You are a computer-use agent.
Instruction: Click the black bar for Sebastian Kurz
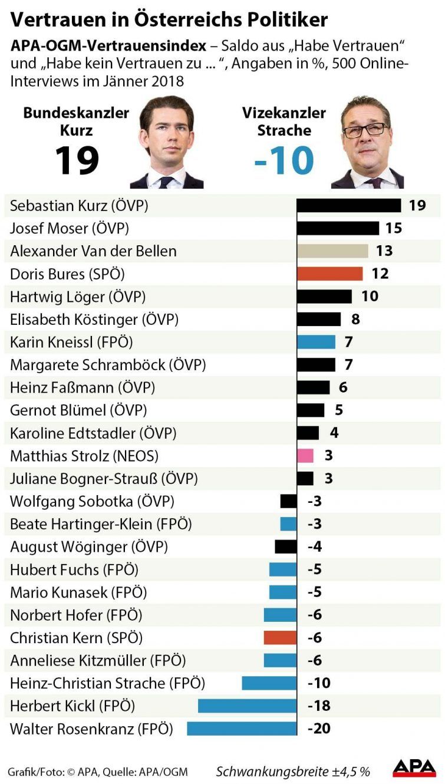coord(348,205)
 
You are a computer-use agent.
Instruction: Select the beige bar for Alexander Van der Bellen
coord(332,251)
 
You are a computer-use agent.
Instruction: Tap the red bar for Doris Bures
coord(329,274)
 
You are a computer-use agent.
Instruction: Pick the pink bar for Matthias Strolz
coord(305,456)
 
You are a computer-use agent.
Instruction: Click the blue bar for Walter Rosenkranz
coord(242,729)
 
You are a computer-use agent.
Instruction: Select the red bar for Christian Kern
coord(280,638)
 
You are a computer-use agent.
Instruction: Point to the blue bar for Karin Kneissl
coord(316,342)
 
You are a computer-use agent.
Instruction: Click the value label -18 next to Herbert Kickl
coord(319,706)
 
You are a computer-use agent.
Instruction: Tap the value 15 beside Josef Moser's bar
coord(393,228)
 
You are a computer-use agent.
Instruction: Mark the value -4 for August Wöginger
coord(315,547)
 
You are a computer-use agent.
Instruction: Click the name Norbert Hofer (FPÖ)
coord(76,615)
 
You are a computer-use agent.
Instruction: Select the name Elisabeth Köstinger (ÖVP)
coord(94,319)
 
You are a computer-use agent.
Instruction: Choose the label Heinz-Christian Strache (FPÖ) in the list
coord(107,683)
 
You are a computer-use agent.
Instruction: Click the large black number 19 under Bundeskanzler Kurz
coord(77,160)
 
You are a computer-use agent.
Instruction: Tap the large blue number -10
coord(284,160)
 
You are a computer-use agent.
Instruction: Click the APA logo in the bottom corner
coord(415,767)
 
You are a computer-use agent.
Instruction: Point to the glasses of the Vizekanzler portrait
coord(365,129)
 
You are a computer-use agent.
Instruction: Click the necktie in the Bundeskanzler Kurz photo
coord(167,182)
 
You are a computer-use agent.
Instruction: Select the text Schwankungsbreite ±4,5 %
coord(293,771)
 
